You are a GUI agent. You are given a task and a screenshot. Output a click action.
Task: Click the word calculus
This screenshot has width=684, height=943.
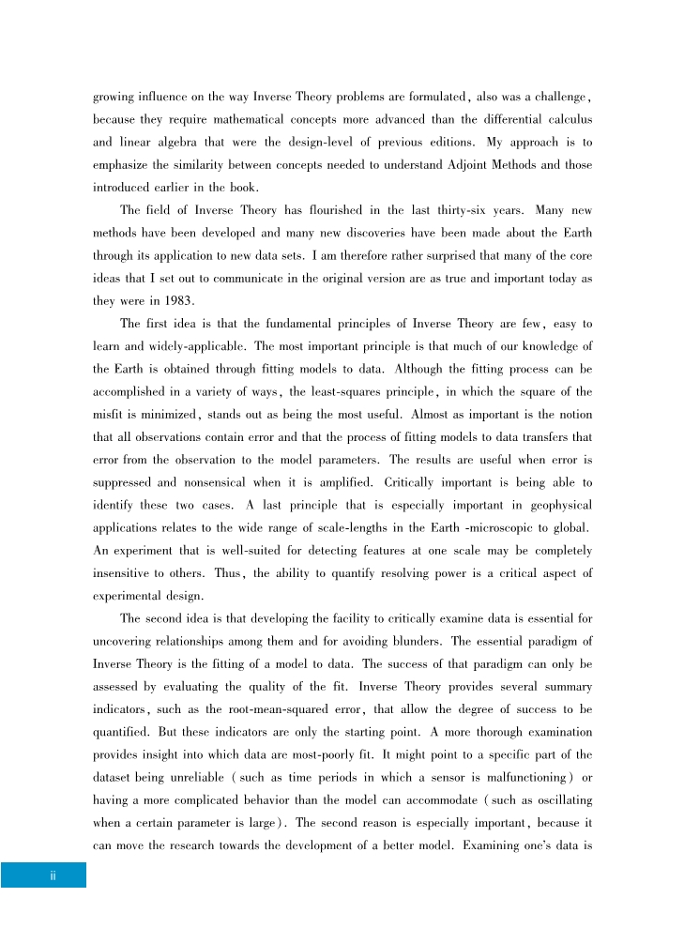(566, 120)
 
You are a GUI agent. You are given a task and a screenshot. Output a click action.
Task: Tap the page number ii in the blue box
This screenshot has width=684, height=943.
(53, 875)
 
